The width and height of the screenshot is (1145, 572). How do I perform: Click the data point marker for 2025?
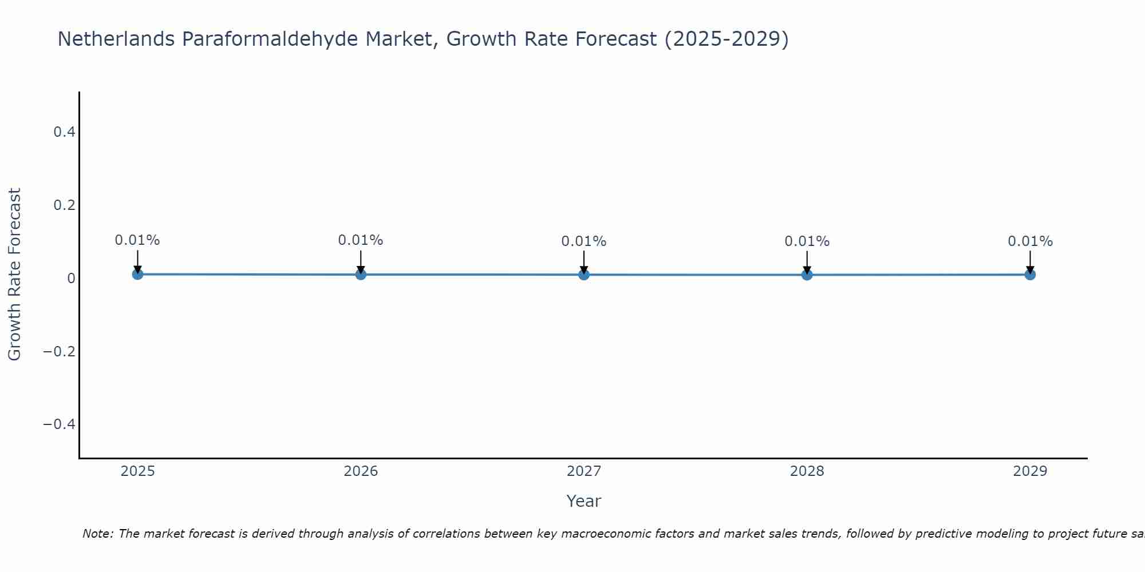(137, 274)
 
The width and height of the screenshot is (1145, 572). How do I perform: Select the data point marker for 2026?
(361, 275)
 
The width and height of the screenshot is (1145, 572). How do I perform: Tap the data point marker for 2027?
(584, 275)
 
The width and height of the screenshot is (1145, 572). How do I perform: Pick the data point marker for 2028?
(807, 275)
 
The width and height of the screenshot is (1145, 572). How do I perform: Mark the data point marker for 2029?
(1030, 275)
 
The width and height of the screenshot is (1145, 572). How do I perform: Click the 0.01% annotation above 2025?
(137, 240)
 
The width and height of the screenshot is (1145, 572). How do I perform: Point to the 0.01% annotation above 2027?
(584, 241)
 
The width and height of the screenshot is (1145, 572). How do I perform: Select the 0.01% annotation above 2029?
(1030, 241)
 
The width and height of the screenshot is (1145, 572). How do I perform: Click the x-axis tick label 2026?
(361, 471)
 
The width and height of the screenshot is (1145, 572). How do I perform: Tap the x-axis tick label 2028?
(807, 471)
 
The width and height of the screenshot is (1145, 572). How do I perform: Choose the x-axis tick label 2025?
(138, 471)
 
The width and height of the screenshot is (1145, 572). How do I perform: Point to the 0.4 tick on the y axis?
(64, 132)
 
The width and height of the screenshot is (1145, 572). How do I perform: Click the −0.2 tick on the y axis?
(60, 351)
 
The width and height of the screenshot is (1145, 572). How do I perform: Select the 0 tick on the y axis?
(71, 279)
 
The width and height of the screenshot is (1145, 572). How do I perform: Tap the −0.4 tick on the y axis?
(60, 424)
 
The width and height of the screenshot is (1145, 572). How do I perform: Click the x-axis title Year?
(583, 501)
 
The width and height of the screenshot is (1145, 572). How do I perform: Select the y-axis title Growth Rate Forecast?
(14, 274)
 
